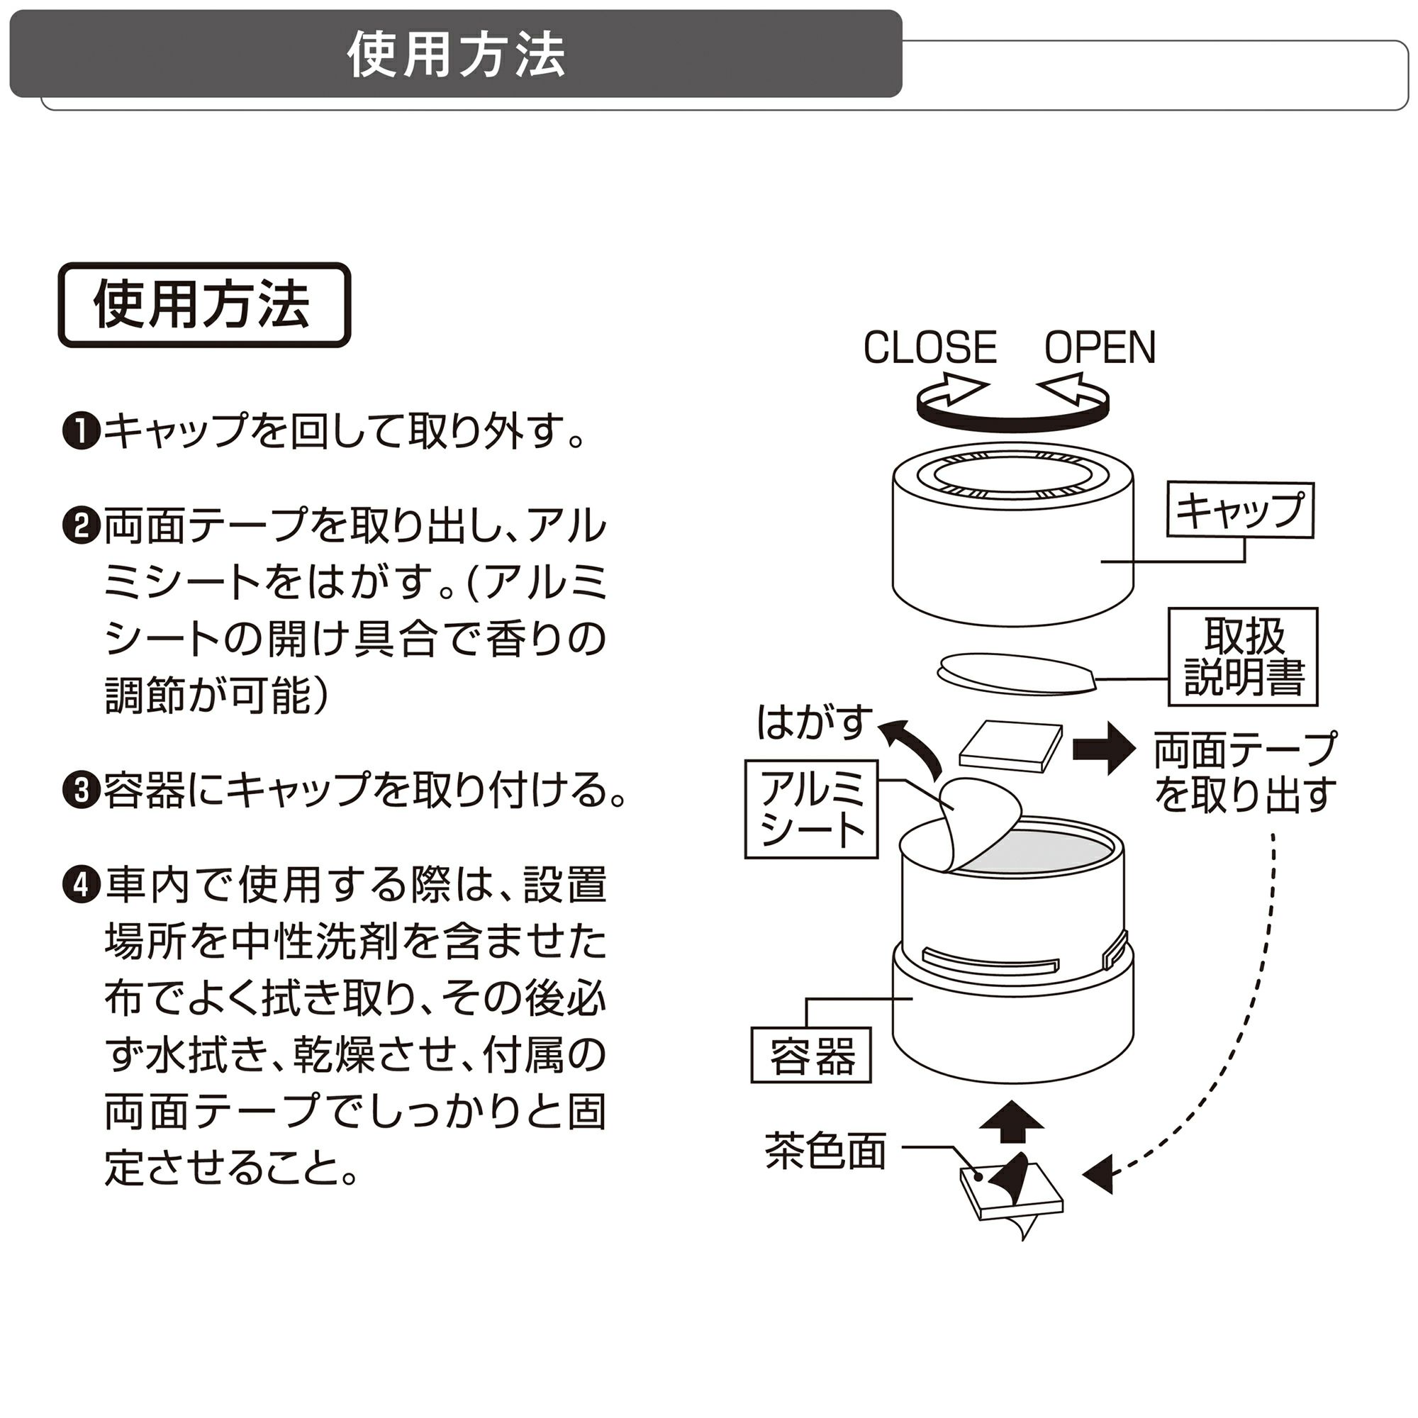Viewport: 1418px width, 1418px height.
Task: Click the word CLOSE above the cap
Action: coord(930,347)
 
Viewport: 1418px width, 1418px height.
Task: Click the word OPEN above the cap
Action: coord(1100,347)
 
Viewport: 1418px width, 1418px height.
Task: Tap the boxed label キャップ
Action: coord(1239,509)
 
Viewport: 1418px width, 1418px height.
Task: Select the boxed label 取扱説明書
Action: coord(1244,656)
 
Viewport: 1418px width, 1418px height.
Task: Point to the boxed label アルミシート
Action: coord(812,809)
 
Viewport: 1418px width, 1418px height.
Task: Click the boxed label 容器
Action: coord(811,1056)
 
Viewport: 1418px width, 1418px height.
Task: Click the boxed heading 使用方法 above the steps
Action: coord(204,305)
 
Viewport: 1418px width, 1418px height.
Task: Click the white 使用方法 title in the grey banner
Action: coord(456,55)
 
